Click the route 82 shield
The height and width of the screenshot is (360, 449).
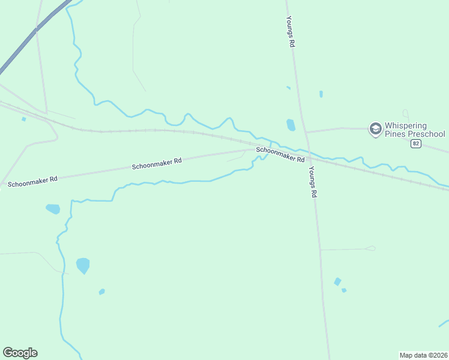(415, 144)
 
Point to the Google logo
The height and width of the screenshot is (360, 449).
(20, 353)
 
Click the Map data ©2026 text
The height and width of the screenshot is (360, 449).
(423, 355)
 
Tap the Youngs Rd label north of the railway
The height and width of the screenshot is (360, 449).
(291, 31)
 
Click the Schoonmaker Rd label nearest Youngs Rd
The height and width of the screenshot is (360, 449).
(280, 155)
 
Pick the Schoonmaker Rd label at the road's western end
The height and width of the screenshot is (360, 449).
(32, 179)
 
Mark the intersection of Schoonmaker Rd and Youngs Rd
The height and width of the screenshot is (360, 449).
(309, 158)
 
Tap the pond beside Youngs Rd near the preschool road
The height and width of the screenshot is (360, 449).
(291, 125)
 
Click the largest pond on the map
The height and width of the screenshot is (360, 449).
(83, 265)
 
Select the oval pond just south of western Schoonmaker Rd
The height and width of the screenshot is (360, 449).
(53, 209)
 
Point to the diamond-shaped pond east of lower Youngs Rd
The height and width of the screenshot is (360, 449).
(337, 281)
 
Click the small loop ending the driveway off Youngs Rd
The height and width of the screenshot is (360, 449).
(371, 248)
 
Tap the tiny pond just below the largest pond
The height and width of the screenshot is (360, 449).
(102, 292)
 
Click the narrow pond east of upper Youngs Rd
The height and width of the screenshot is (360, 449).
(321, 94)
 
